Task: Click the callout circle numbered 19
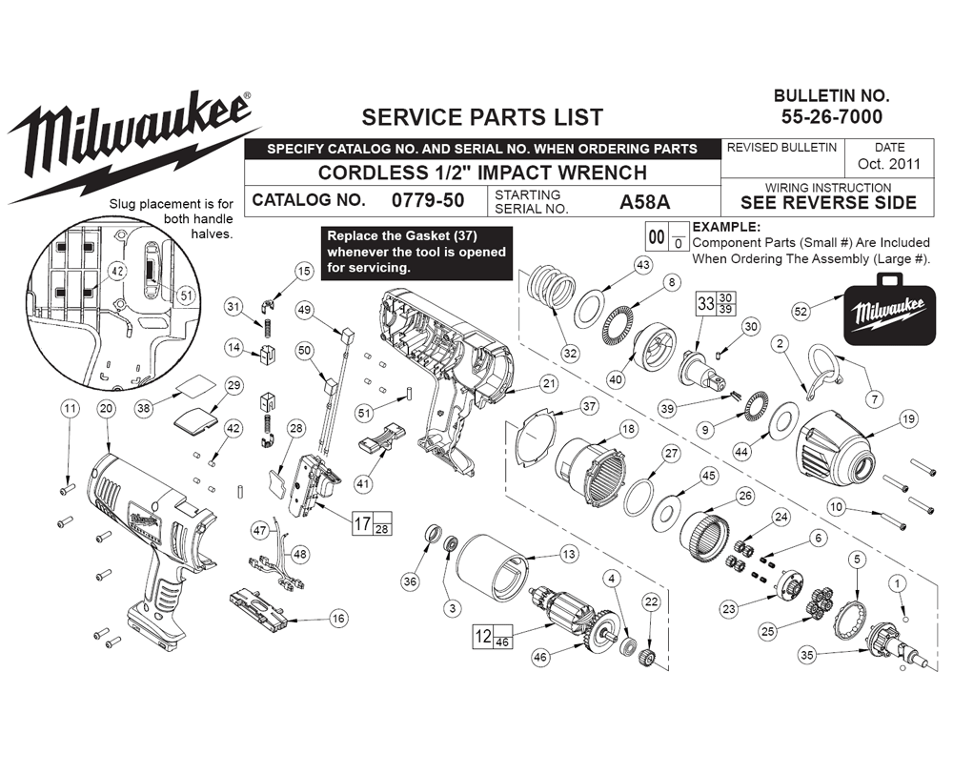click(x=909, y=418)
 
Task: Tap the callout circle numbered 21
click(x=549, y=383)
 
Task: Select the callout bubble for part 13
click(x=568, y=554)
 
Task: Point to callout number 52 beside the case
click(x=801, y=312)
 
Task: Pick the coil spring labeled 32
click(x=552, y=287)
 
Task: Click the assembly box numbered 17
click(x=373, y=523)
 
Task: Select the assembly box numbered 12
click(x=493, y=637)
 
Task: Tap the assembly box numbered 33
click(x=716, y=303)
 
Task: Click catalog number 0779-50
click(x=428, y=200)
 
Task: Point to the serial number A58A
click(x=645, y=201)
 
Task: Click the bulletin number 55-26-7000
click(x=831, y=116)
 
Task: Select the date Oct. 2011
click(x=889, y=164)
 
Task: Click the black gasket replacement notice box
click(x=416, y=253)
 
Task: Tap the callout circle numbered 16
click(x=338, y=619)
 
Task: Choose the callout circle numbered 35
click(x=807, y=655)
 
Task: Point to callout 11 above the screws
click(x=70, y=408)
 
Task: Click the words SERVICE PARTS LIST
click(x=482, y=116)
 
